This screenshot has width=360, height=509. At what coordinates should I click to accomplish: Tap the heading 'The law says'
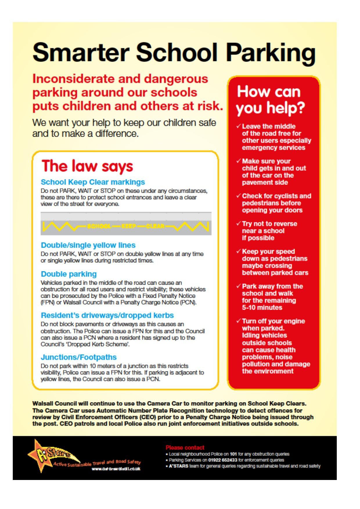(x=87, y=166)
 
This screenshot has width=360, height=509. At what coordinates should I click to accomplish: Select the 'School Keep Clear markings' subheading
(x=93, y=182)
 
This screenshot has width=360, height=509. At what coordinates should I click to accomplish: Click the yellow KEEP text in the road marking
(x=129, y=226)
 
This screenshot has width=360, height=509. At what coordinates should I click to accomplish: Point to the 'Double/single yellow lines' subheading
(x=88, y=245)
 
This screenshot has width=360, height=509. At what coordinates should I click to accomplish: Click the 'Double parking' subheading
(x=69, y=274)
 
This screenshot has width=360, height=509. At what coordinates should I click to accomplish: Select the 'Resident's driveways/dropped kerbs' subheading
(x=107, y=315)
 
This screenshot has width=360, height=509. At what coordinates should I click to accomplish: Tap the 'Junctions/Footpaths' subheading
(x=78, y=357)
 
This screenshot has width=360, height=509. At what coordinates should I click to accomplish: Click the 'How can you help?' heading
(x=270, y=100)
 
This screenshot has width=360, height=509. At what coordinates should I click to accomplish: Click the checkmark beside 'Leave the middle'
(x=238, y=126)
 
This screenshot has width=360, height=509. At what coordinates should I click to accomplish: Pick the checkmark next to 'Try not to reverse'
(x=238, y=224)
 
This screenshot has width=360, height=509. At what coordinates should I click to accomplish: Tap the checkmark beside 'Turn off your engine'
(x=238, y=321)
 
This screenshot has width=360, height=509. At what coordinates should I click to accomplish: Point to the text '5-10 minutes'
(x=262, y=308)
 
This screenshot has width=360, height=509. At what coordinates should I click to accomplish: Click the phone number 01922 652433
(x=223, y=460)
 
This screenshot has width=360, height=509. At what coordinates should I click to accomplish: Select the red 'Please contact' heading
(x=185, y=447)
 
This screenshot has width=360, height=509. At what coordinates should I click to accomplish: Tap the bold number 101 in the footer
(x=233, y=454)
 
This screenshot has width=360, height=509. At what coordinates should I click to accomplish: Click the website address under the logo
(x=116, y=469)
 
